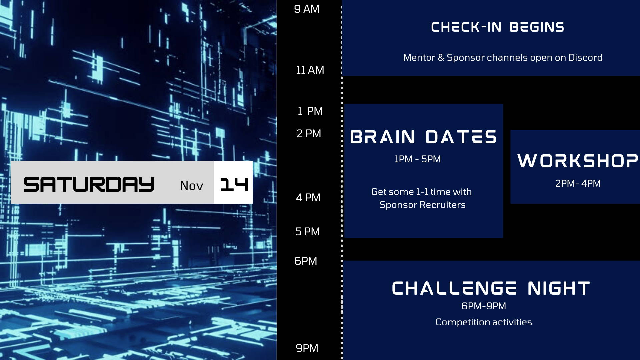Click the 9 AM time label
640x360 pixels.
tap(307, 9)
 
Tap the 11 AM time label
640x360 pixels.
tap(310, 70)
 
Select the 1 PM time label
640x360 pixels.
tap(310, 111)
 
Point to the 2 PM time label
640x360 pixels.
tap(309, 134)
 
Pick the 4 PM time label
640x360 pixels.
tap(308, 198)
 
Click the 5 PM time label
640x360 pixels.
tap(307, 232)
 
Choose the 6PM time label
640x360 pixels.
tap(306, 261)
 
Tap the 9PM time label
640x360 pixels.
tap(307, 348)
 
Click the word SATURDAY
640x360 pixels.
tap(89, 184)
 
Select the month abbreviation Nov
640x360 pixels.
tap(191, 186)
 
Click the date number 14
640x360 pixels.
tap(234, 184)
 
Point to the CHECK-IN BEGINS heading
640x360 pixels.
tap(497, 27)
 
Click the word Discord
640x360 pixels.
tap(585, 57)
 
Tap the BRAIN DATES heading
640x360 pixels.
tap(423, 137)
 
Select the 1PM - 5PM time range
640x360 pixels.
tap(417, 159)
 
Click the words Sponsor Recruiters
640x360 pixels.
tap(422, 205)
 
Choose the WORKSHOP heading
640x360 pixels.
tap(578, 161)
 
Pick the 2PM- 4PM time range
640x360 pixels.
tap(578, 183)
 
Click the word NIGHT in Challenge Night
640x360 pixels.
tap(559, 289)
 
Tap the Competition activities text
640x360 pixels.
tap(484, 322)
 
